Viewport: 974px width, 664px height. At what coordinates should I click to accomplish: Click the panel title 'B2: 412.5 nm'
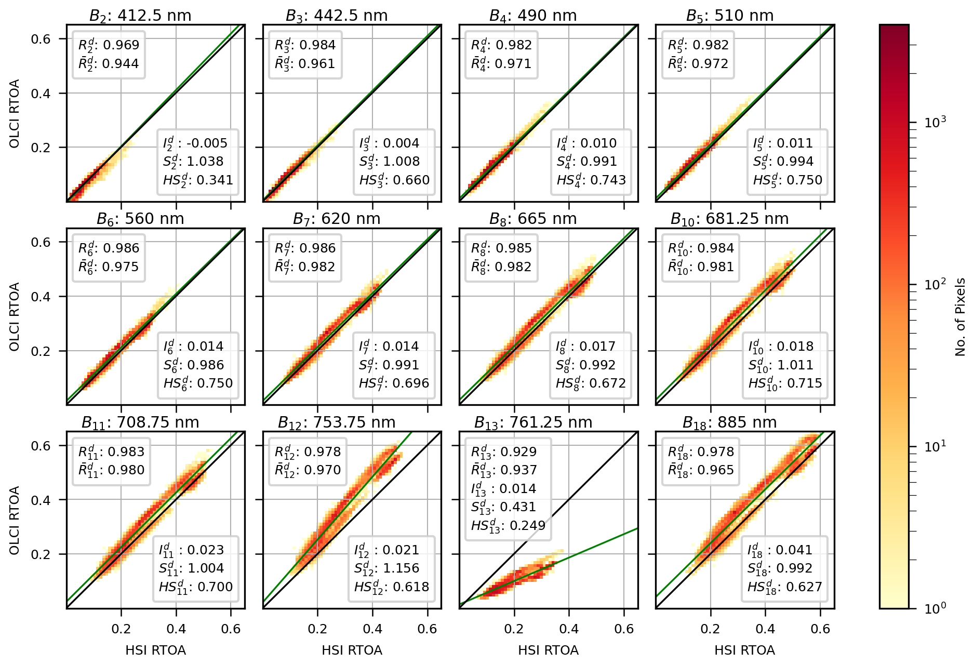(140, 16)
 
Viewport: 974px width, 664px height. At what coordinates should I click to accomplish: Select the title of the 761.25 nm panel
(533, 422)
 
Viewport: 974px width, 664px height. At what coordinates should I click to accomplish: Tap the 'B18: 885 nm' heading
(729, 422)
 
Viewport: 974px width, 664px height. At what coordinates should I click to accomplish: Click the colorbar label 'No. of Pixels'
(960, 317)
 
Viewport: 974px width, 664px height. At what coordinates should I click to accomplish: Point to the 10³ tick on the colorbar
(935, 123)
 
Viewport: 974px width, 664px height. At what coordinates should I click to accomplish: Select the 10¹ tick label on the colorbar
(935, 446)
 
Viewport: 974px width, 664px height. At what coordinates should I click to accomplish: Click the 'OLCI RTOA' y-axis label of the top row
(15, 113)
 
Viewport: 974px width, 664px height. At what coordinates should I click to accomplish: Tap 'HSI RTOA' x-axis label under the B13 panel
(548, 650)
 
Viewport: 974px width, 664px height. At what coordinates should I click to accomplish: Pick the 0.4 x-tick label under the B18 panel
(765, 629)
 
